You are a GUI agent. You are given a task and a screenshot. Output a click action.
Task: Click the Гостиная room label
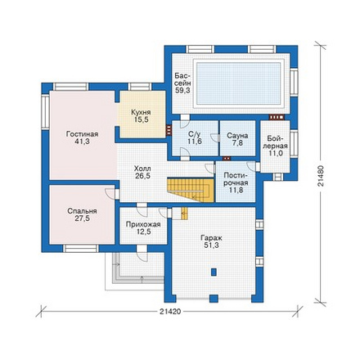[x=82, y=134]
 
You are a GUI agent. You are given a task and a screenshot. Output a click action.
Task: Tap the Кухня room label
[x=141, y=112]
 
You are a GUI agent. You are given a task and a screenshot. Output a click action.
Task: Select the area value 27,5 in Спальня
[x=82, y=218]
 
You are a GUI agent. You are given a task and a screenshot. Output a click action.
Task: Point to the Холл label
[x=142, y=169]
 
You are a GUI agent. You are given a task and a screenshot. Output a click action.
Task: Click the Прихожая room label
[x=143, y=224]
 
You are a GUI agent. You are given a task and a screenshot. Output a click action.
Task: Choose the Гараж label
[x=211, y=238]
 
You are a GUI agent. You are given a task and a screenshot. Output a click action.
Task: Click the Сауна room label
[x=237, y=136]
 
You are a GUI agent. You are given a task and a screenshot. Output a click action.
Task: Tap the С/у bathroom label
[x=195, y=134]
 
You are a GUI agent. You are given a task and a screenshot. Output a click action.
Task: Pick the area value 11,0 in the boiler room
[x=275, y=153]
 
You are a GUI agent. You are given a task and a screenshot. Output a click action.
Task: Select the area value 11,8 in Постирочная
[x=236, y=190]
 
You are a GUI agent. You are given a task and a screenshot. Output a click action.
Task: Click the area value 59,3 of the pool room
[x=182, y=91]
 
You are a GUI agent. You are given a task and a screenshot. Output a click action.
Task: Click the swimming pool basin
[x=239, y=83]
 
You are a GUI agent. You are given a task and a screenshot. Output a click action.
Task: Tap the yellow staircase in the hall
[x=191, y=189]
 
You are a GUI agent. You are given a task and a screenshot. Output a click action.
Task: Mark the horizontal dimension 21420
[x=170, y=312]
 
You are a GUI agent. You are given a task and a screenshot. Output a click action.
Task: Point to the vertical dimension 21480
[x=322, y=176]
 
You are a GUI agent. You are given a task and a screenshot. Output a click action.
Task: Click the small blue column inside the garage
[x=214, y=272]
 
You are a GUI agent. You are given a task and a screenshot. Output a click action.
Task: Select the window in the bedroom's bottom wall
[x=81, y=248]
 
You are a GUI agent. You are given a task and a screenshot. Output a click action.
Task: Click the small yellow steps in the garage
[x=184, y=214]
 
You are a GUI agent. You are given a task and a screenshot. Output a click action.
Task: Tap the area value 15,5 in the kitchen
[x=141, y=119]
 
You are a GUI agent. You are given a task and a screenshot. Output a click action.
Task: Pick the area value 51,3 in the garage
[x=211, y=245]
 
